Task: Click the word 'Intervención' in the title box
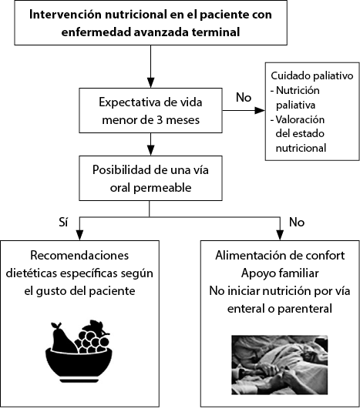[66, 15]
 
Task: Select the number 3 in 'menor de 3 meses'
[160, 120]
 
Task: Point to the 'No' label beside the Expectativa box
[244, 97]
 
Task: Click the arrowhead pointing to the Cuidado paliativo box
[260, 110]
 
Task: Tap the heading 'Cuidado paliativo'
[312, 75]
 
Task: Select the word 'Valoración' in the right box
[300, 119]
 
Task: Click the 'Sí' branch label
[63, 222]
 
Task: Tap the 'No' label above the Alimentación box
[297, 223]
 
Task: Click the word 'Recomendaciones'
[79, 256]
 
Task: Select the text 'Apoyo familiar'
[280, 273]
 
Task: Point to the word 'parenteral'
[304, 309]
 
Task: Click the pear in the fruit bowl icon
[63, 338]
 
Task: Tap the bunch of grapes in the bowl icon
[92, 337]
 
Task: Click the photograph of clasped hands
[280, 365]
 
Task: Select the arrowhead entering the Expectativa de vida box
[150, 82]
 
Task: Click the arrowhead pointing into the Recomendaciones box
[79, 235]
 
